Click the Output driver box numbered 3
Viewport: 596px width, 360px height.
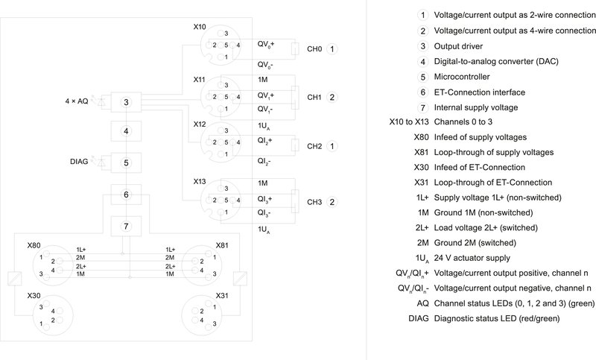[x=126, y=102]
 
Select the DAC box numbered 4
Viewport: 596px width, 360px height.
[x=126, y=131]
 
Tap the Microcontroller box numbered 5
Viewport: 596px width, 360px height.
[x=126, y=162]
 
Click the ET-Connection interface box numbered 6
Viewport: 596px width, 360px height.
[x=126, y=195]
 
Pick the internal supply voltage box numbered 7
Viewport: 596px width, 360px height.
[x=126, y=225]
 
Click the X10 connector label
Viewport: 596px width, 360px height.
[x=200, y=27]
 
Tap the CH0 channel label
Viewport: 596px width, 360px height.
[x=314, y=48]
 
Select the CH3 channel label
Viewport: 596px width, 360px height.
[x=314, y=202]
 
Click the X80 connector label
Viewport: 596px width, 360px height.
[x=34, y=244]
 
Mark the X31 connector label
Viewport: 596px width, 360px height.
[x=222, y=295]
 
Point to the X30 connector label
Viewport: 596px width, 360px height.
[x=34, y=295]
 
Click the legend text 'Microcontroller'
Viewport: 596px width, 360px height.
[x=461, y=76]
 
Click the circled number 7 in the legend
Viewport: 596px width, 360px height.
[x=422, y=108]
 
